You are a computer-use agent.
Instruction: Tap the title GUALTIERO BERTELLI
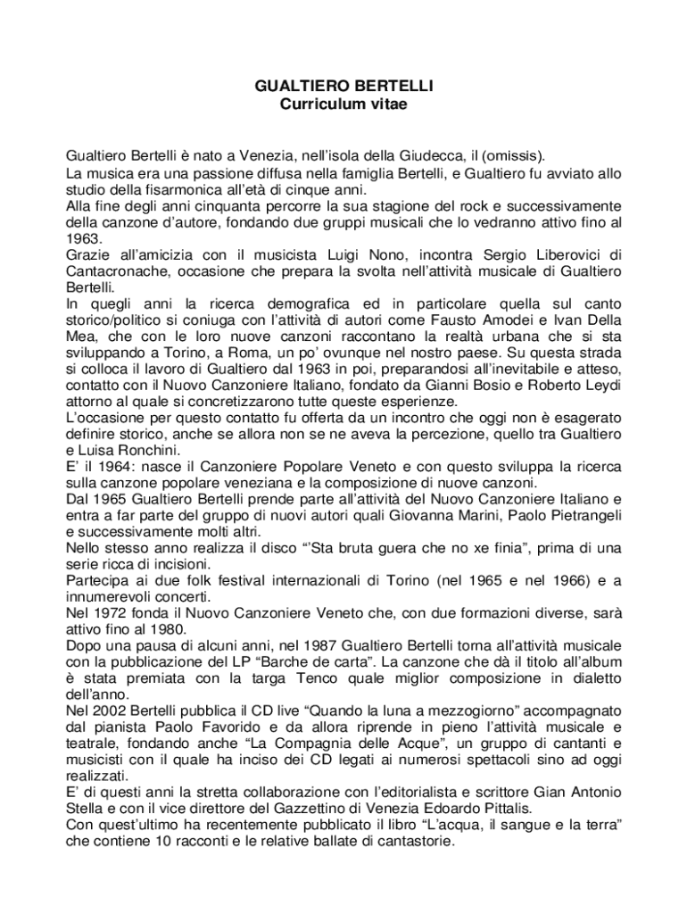point(343,87)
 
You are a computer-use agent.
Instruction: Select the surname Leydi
point(601,385)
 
